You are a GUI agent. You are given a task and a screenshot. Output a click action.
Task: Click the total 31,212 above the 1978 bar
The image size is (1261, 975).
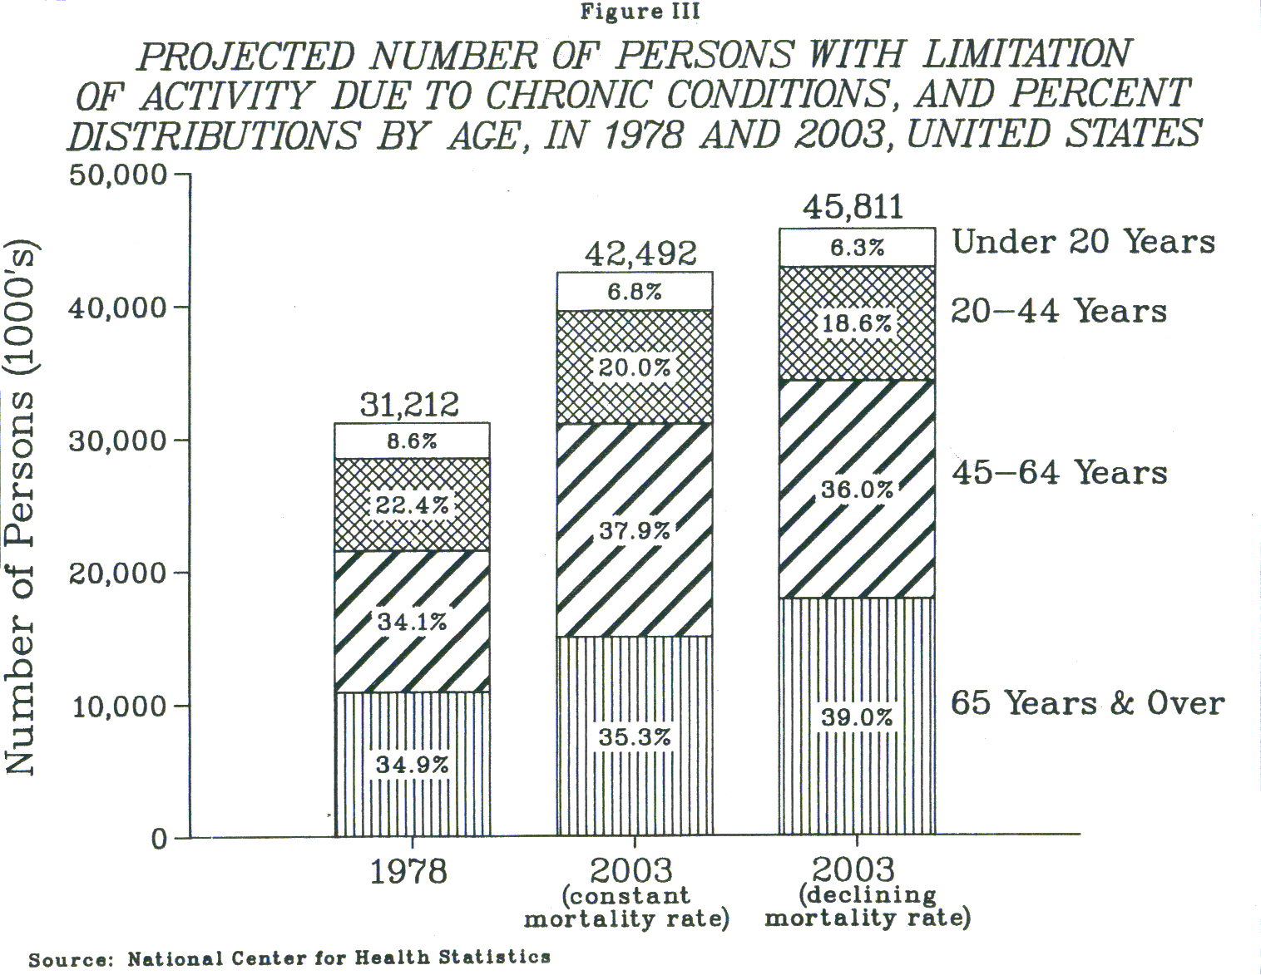409,406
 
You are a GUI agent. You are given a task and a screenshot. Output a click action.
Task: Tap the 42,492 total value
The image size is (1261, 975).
640,254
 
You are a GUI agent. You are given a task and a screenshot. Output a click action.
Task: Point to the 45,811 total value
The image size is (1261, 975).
853,207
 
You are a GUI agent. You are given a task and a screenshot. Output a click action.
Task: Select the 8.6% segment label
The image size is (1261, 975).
412,441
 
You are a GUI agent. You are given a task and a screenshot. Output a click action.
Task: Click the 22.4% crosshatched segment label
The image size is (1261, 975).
412,505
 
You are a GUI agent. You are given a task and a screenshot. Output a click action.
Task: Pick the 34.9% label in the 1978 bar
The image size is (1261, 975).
412,765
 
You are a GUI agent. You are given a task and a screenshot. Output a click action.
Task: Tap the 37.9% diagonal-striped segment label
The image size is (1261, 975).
635,530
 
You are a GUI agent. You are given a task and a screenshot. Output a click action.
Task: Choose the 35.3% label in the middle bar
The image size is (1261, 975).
635,737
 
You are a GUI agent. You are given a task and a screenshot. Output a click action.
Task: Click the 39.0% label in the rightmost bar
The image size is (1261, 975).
857,717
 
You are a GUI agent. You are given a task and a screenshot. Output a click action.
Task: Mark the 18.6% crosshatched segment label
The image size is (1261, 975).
857,323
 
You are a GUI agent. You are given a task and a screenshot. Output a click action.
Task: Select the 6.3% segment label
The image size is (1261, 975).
857,248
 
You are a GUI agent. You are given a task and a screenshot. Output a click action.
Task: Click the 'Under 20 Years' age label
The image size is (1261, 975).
1084,242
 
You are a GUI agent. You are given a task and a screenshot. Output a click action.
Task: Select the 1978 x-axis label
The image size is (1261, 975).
408,872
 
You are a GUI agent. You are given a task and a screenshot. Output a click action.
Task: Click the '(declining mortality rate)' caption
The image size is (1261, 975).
868,907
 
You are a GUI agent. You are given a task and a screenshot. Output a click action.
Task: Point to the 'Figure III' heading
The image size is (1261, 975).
640,12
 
